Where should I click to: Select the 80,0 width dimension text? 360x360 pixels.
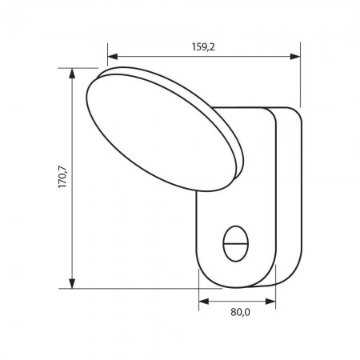pyautogui.click(x=237, y=313)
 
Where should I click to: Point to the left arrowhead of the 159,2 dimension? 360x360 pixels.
pyautogui.click(x=113, y=58)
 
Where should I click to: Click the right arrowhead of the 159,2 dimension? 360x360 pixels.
pyautogui.click(x=295, y=58)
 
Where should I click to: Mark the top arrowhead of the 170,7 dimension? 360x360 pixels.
pyautogui.click(x=73, y=74)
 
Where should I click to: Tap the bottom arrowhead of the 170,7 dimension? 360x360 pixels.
pyautogui.click(x=73, y=281)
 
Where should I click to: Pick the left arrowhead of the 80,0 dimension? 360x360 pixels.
pyautogui.click(x=203, y=302)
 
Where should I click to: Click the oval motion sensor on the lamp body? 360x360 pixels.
pyautogui.click(x=235, y=242)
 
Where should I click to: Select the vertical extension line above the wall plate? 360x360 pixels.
pyautogui.click(x=301, y=80)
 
